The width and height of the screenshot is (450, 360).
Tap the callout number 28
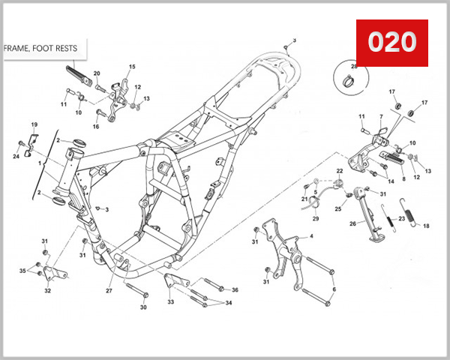(x=354, y=67)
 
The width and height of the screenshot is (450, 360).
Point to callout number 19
(x=34, y=124)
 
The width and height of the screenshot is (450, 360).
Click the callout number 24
(x=16, y=156)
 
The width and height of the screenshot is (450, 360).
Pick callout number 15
(x=132, y=67)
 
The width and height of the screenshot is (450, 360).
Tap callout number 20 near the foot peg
(x=97, y=73)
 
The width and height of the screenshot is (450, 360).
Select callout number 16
(x=96, y=126)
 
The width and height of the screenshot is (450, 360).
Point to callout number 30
(x=143, y=307)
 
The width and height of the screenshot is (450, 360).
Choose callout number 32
(x=47, y=290)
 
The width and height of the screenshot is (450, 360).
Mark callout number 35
(x=22, y=270)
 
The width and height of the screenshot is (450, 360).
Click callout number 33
(x=170, y=301)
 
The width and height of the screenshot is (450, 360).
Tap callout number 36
(x=235, y=290)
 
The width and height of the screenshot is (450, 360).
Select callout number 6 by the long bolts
(x=334, y=289)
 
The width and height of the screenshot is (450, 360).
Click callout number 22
(x=339, y=172)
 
